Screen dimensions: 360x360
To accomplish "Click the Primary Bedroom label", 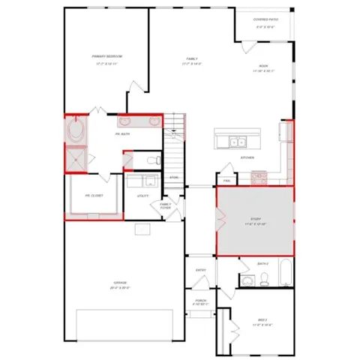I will tap(107, 56).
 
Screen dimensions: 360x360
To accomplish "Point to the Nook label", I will tap(264, 67).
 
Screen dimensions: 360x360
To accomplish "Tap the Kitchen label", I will tap(247, 157).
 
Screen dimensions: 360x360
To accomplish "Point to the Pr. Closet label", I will tap(94, 196).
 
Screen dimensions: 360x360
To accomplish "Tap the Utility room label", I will tap(142, 196).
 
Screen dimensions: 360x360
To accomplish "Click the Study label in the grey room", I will tap(253, 220).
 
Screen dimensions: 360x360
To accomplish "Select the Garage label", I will tap(120, 283).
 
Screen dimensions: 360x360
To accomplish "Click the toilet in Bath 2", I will tap(264, 280).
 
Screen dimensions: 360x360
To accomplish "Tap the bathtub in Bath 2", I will tap(284, 273).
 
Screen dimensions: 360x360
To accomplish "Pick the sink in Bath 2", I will tap(248, 281).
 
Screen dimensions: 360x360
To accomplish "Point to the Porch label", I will tap(200, 301).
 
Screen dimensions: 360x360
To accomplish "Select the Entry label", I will tap(201, 269).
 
